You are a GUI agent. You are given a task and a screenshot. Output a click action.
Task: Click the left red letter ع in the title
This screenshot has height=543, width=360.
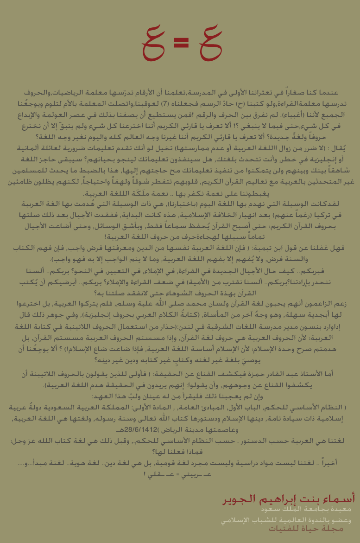[155, 42]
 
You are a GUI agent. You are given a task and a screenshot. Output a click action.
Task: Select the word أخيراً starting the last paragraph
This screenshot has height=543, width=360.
[324, 463]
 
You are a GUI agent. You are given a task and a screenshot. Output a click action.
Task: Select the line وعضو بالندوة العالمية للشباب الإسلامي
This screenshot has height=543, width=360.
[285, 520]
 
